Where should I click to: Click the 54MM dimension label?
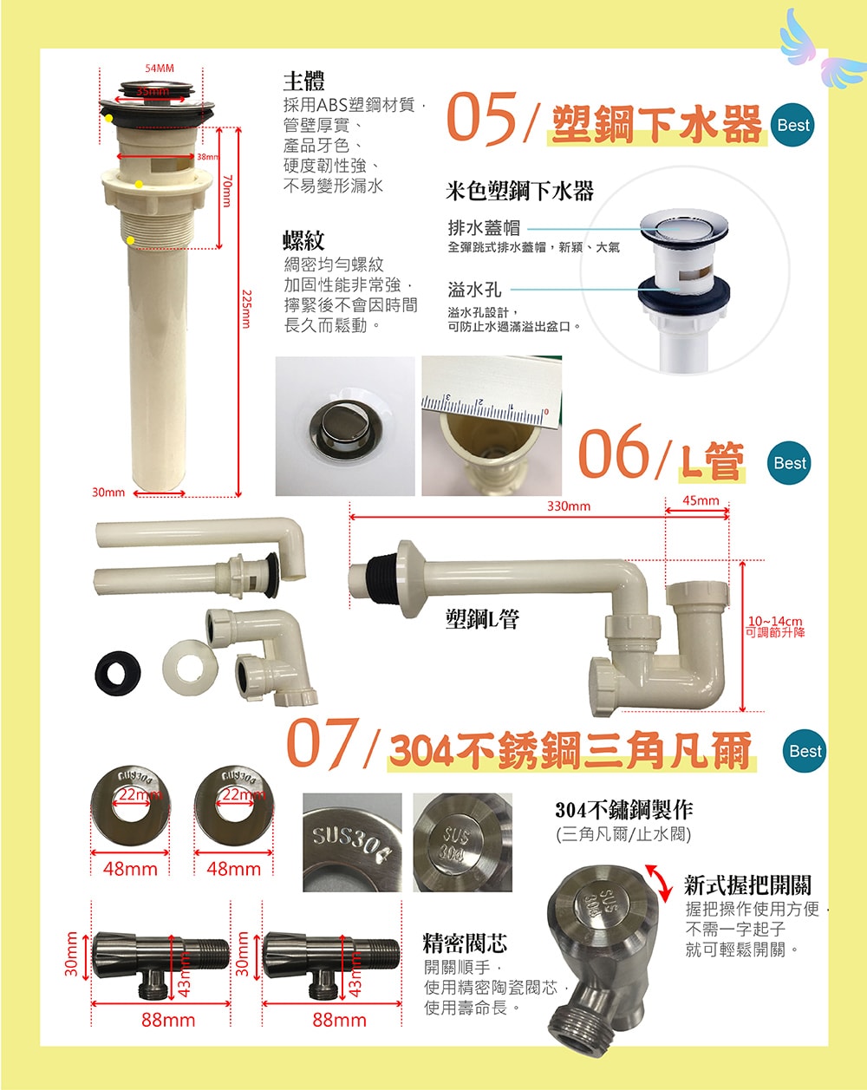160,69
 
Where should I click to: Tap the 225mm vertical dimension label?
246,309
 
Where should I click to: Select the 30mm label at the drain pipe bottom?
108,493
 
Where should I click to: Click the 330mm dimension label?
568,506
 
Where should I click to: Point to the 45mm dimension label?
701,500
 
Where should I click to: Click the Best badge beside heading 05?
793,125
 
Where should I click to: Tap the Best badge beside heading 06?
790,463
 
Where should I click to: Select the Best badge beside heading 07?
805,751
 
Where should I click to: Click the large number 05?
481,119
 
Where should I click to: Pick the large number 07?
323,744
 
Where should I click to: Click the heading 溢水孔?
474,290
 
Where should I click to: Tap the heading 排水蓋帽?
484,228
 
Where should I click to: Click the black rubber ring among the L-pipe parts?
118,674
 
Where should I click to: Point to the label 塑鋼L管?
482,618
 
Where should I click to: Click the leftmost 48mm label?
130,869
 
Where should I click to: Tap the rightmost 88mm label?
339,1020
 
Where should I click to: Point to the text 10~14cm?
775,621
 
